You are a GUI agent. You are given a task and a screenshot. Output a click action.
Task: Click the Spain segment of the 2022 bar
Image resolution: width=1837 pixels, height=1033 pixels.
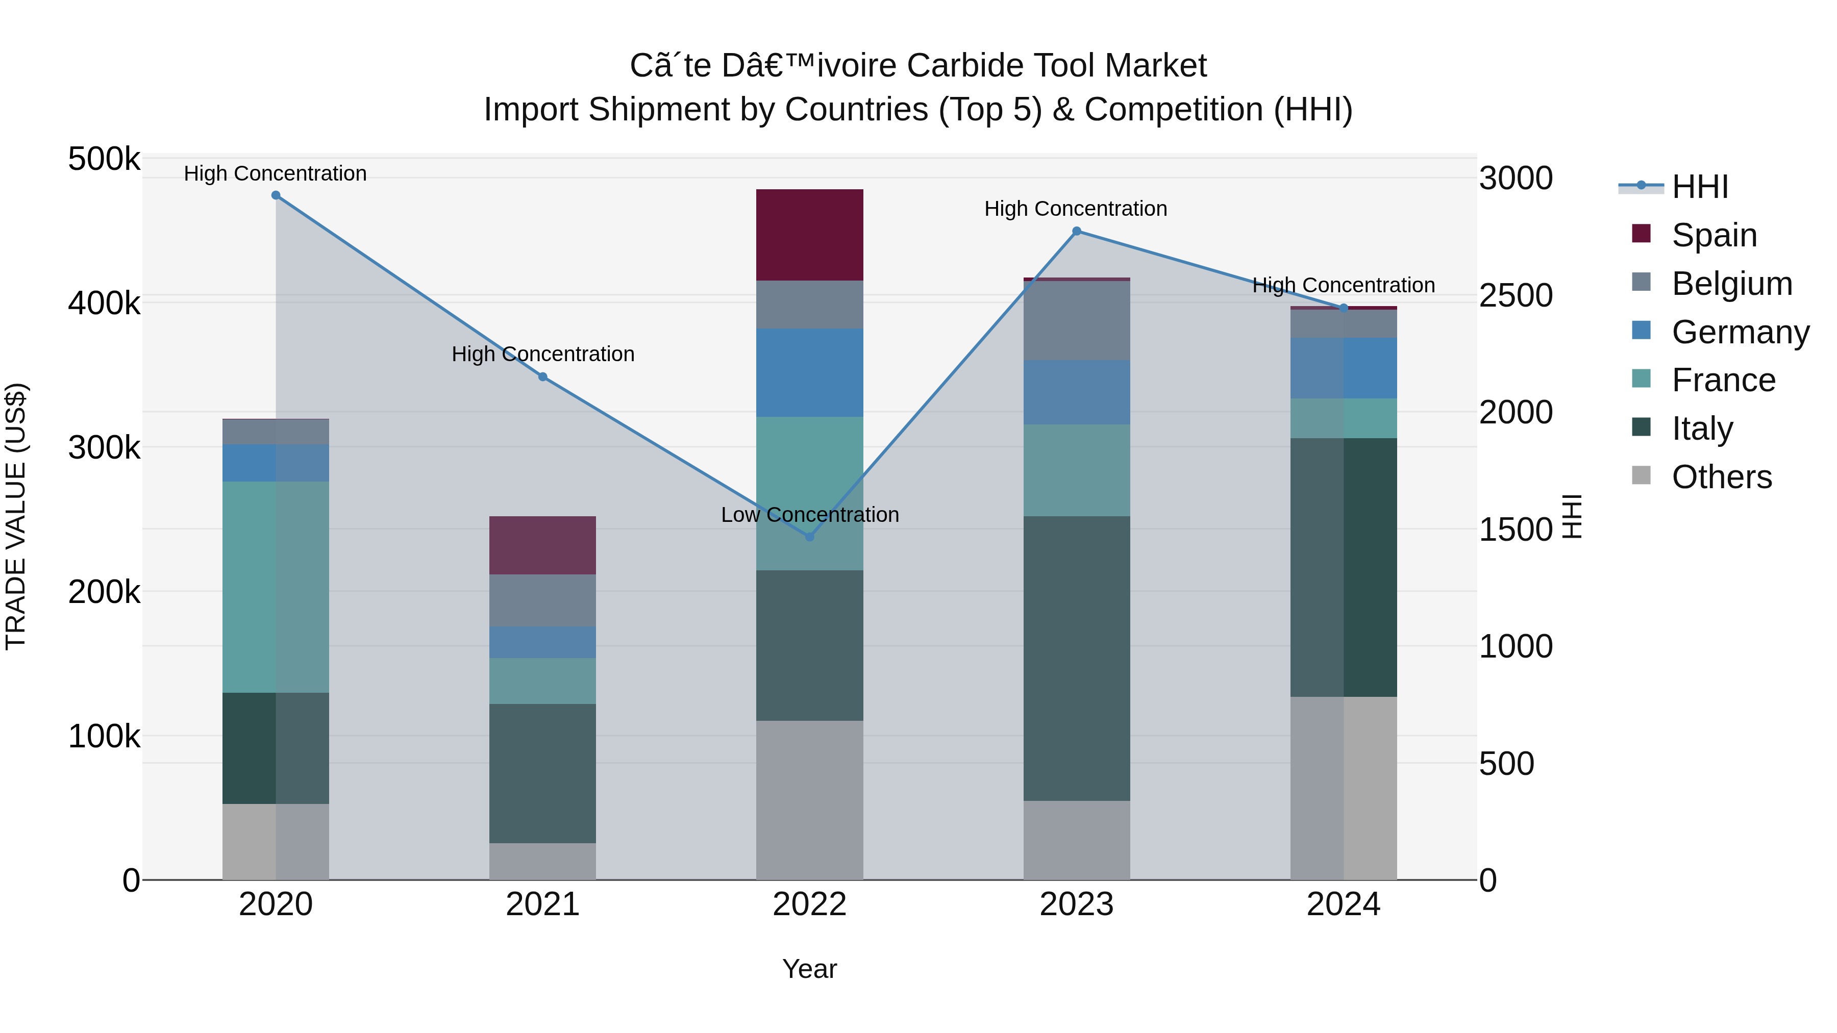809,235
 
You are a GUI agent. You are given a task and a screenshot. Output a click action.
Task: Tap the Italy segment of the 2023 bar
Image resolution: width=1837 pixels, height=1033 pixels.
1076,658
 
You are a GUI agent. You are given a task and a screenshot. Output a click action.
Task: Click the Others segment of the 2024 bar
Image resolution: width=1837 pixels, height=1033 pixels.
1343,788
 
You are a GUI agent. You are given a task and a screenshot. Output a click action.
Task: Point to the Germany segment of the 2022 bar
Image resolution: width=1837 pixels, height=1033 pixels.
809,372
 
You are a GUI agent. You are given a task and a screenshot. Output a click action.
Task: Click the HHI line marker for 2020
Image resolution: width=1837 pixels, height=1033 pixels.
276,195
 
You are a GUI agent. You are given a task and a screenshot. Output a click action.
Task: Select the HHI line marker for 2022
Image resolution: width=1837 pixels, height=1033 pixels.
809,537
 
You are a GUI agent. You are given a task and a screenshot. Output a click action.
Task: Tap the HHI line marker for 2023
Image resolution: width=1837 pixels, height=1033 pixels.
1077,231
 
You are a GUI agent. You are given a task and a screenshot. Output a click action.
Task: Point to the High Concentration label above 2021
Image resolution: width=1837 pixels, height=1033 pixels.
543,355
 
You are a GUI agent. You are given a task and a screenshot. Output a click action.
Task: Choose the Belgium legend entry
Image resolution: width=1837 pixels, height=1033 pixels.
1731,284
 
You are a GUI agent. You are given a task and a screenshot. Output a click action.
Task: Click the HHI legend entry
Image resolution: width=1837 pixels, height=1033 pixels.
1699,187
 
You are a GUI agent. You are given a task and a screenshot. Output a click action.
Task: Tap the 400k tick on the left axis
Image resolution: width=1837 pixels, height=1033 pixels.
104,303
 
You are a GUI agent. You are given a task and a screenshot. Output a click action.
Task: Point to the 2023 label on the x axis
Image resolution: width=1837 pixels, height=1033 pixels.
1076,904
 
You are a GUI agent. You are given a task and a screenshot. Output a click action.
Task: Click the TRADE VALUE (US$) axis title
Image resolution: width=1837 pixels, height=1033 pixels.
16,516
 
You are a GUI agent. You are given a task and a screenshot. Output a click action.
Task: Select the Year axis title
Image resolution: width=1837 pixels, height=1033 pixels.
809,969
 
